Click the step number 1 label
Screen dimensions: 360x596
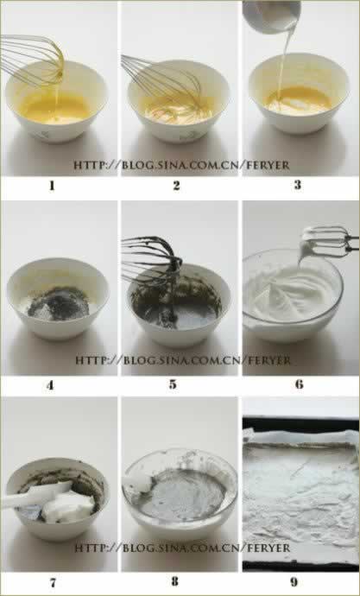tap(52, 186)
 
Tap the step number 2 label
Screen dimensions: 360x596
tap(176, 186)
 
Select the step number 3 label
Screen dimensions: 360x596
tap(297, 185)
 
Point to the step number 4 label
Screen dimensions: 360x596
tap(50, 385)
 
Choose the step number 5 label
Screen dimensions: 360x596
tap(173, 384)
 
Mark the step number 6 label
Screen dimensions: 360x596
tap(300, 384)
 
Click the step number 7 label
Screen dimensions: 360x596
tap(53, 582)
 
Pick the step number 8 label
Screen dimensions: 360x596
tap(174, 582)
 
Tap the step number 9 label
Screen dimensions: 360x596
tap(294, 582)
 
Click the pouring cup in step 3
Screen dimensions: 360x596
tap(271, 16)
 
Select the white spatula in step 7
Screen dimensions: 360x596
tap(36, 495)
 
